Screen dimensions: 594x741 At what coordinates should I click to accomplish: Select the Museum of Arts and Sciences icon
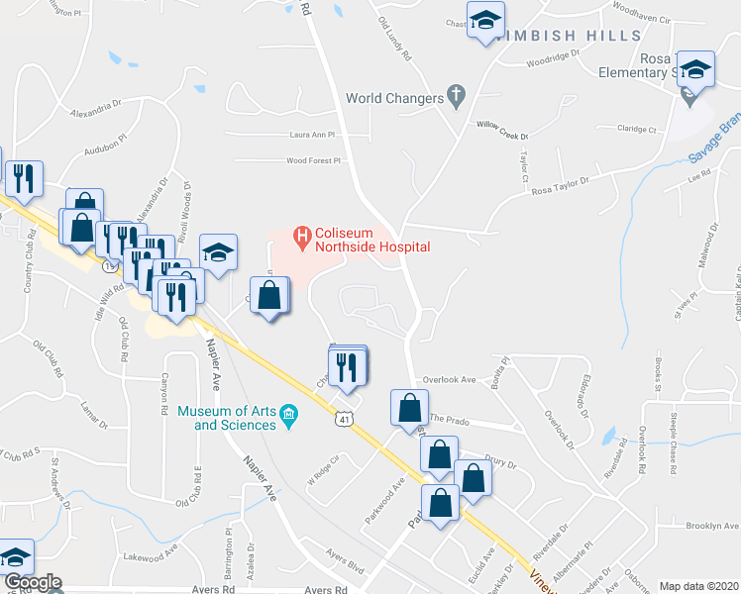[x=288, y=417]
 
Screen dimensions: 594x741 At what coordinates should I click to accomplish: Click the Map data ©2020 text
[x=698, y=586]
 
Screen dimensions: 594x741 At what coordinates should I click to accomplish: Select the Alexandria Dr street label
[x=95, y=106]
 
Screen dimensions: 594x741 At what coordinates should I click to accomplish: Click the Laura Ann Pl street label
[x=313, y=134]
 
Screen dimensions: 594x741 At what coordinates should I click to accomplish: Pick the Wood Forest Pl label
[x=313, y=160]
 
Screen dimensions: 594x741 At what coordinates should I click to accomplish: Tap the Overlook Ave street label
[x=450, y=379]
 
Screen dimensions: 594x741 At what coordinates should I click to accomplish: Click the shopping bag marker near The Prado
[x=409, y=408]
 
